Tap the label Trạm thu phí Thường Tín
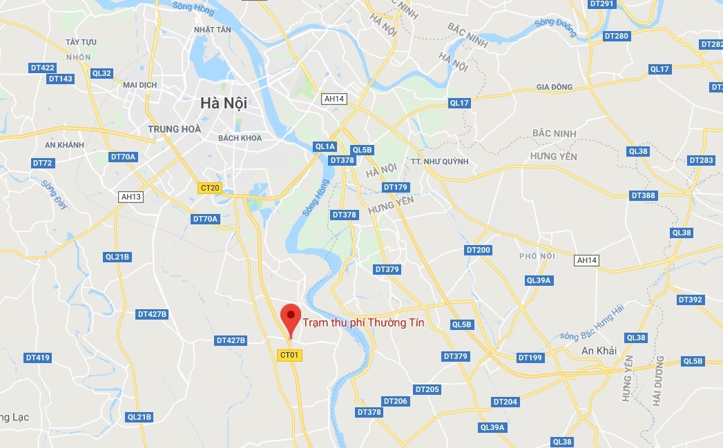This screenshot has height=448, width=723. point(363,322)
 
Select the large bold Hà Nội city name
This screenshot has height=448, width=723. point(223,103)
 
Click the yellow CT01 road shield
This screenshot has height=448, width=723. point(290,355)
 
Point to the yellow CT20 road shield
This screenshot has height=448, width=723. point(209,188)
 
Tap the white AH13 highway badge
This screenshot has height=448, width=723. point(131,197)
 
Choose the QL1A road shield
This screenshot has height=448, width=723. point(325,146)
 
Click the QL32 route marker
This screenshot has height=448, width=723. point(102,73)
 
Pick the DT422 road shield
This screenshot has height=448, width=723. point(43,68)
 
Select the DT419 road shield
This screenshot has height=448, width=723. point(38,358)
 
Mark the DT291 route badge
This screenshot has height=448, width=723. point(602,3)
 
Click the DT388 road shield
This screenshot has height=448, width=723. point(643,195)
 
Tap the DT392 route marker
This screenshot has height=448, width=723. point(691,300)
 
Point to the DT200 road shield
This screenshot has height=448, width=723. point(478,250)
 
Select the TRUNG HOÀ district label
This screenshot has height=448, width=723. point(174,129)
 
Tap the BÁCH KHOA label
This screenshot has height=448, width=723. point(240,138)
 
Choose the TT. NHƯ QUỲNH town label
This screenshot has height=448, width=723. point(439,162)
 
